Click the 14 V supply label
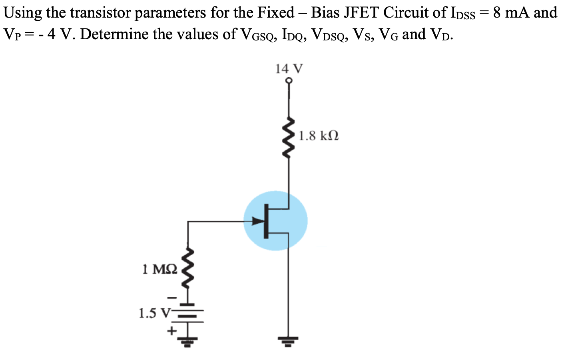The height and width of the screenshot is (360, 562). click(289, 69)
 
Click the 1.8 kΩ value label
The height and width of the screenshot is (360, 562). click(319, 136)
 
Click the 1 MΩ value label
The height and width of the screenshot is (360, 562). click(159, 269)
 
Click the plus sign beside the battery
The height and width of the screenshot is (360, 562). click(172, 331)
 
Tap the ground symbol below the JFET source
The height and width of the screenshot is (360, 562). click(289, 341)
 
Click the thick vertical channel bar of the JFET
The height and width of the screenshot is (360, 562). click(266, 221)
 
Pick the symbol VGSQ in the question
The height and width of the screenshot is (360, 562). click(257, 35)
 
